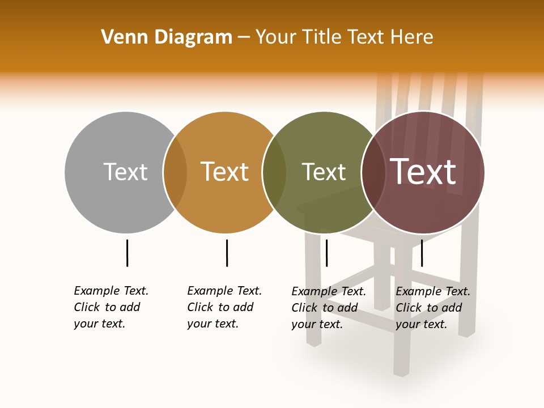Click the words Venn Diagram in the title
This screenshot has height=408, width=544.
pos(167,37)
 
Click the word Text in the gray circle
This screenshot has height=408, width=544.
pos(125,172)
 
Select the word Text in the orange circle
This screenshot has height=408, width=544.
pos(225,172)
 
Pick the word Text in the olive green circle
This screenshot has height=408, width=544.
pos(324,172)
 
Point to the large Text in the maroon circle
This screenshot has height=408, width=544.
pos(423,172)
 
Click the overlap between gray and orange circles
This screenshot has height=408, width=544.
pos(175,172)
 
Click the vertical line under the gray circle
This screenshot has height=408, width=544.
pos(127,253)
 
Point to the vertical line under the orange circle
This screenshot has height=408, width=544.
pos(227,253)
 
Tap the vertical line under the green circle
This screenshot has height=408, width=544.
pos(326,253)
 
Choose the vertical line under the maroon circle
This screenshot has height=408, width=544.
pos(422,253)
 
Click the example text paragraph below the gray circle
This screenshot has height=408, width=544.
pos(110,307)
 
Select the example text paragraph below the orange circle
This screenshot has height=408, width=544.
pos(224,307)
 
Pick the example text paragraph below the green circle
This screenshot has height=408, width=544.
pos(328,308)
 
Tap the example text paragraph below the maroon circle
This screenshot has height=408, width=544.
pos(432,308)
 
